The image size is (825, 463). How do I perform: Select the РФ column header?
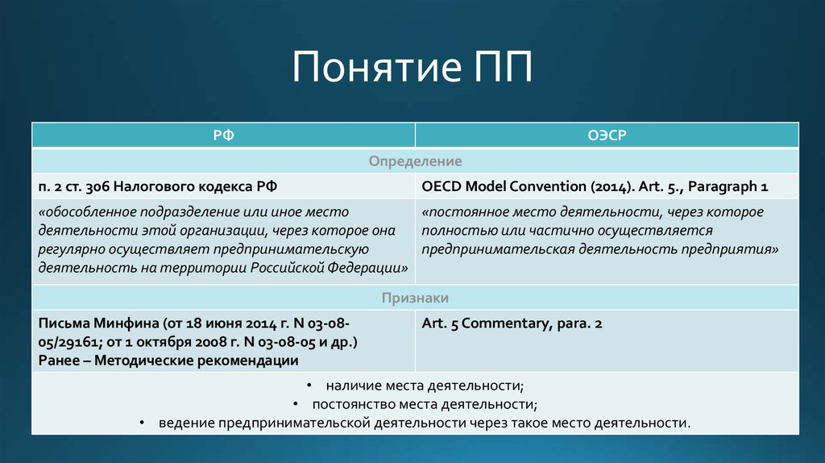[x=223, y=136]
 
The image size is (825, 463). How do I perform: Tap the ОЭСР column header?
[x=607, y=136]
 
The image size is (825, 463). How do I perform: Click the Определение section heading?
[x=415, y=161]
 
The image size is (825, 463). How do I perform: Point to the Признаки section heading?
[x=415, y=298]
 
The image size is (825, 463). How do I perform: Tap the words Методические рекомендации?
[x=196, y=360]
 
